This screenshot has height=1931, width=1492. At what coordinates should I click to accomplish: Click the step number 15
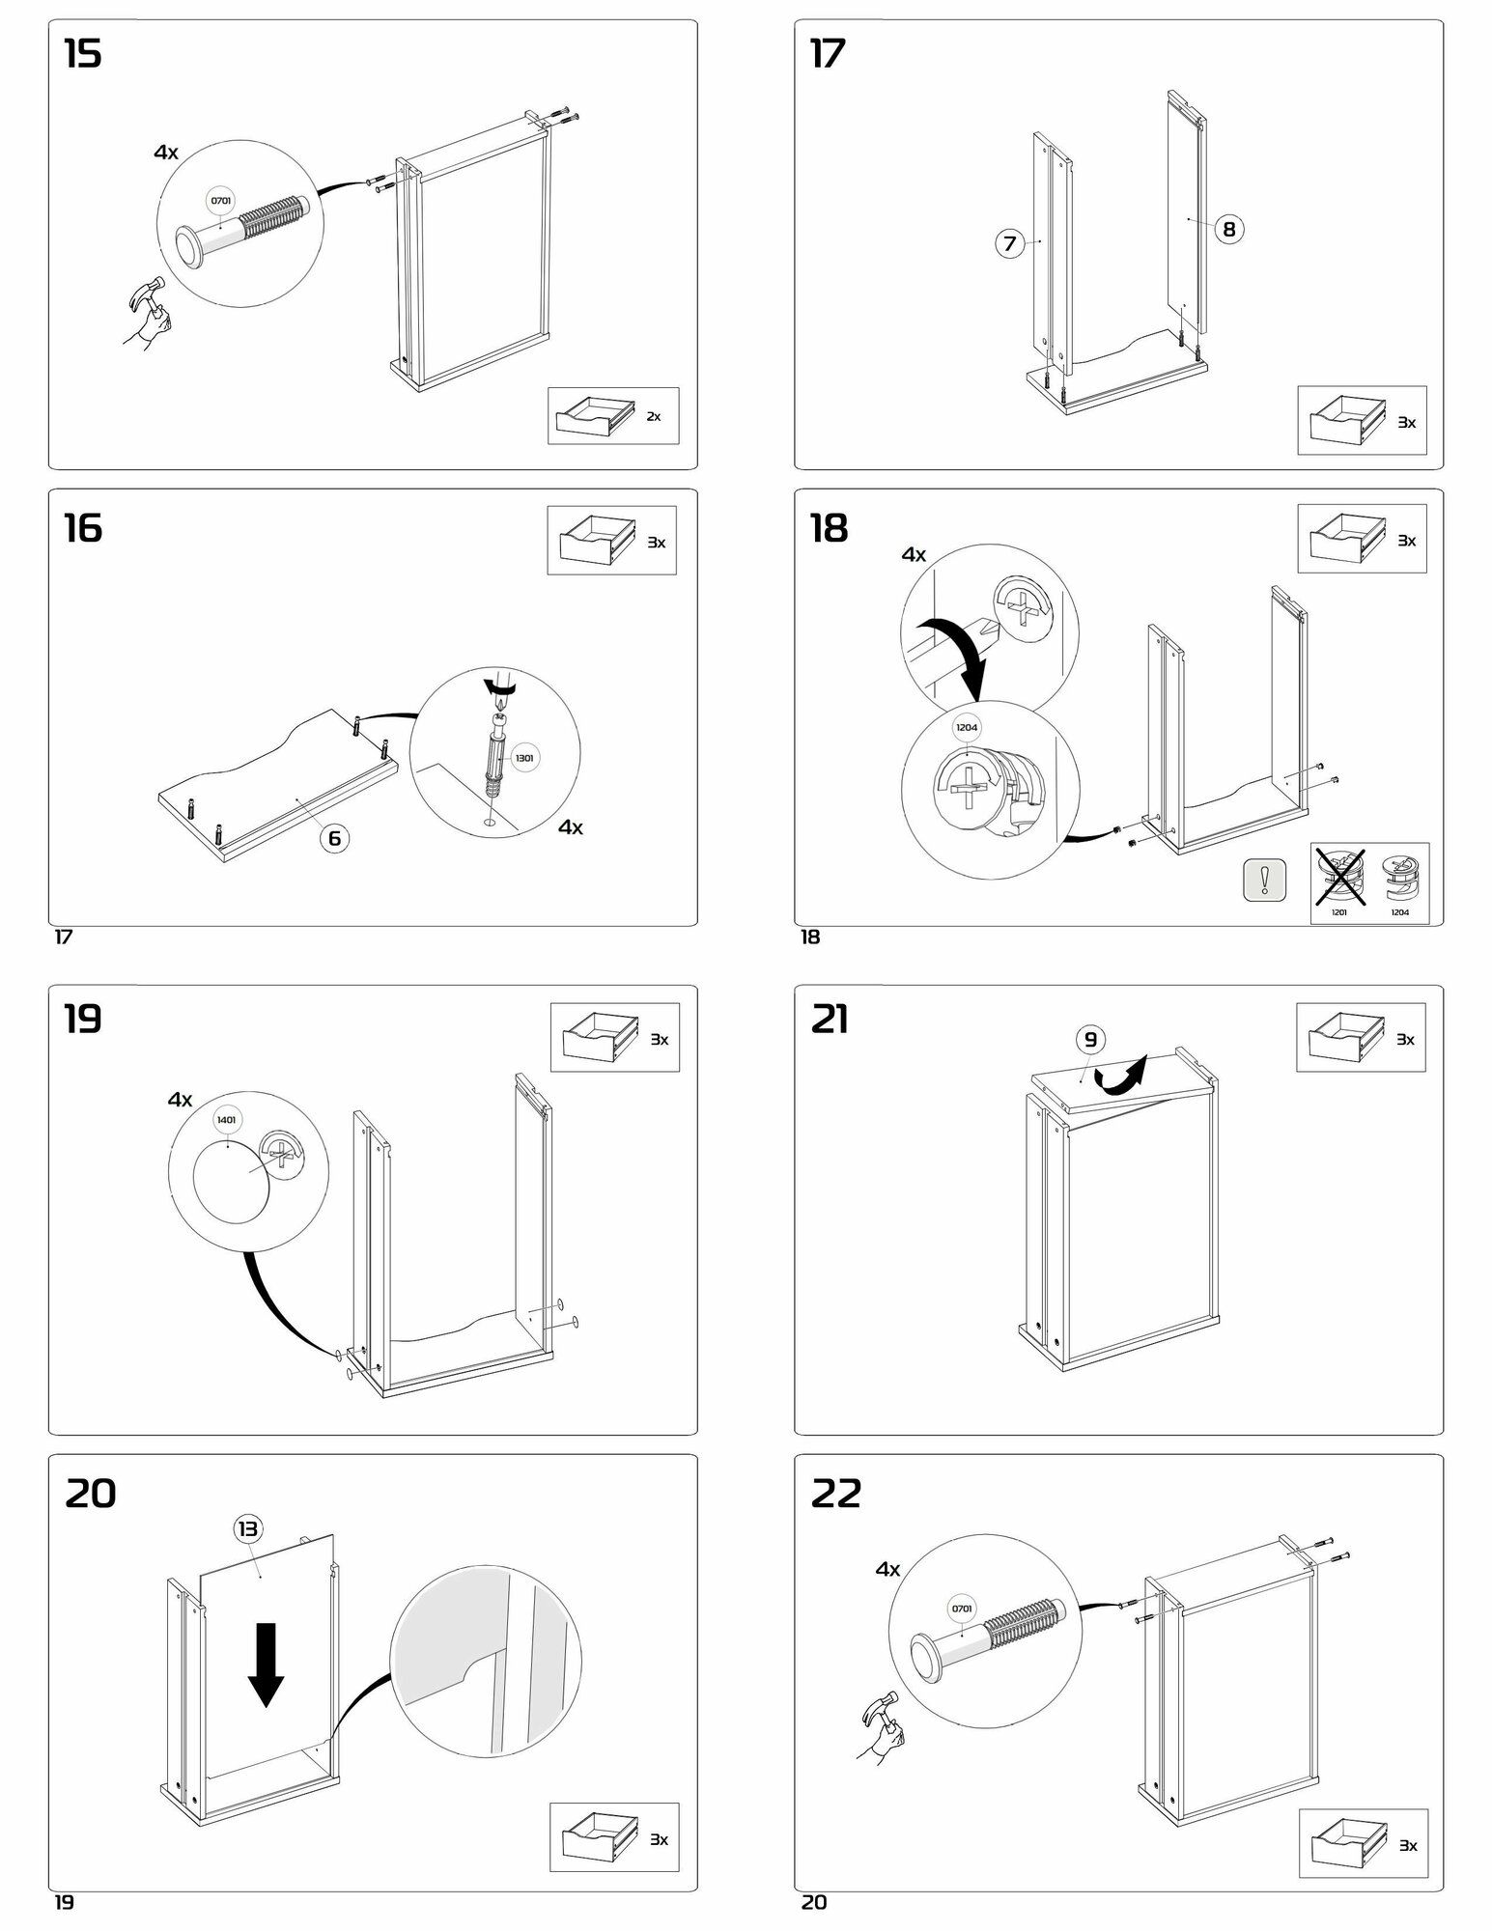(x=83, y=54)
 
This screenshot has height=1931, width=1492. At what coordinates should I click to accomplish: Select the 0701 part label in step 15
(x=221, y=201)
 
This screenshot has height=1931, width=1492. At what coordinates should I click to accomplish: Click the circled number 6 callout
(x=334, y=837)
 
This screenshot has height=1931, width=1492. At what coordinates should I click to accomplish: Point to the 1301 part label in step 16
(x=524, y=758)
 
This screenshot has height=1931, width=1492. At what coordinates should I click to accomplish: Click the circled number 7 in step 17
(x=1009, y=243)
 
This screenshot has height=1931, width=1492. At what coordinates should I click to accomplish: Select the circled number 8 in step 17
(x=1228, y=229)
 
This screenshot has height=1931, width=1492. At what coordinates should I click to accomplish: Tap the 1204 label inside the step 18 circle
(x=967, y=727)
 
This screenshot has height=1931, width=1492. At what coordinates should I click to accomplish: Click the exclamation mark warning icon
(x=1264, y=879)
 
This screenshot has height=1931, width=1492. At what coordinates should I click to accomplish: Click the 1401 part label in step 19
(x=227, y=1119)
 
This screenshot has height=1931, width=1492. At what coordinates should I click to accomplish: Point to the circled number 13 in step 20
(x=247, y=1527)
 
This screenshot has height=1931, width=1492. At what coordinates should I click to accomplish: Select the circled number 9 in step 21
(x=1090, y=1039)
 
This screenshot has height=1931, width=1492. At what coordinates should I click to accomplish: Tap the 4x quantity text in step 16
(x=571, y=827)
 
